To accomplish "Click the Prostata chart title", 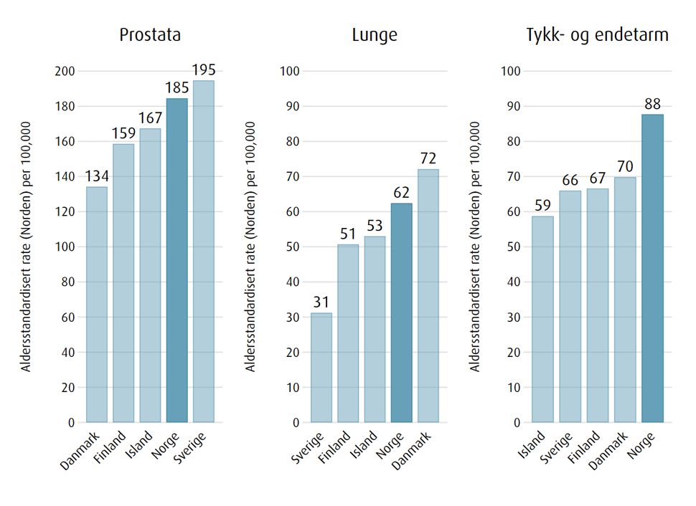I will (150, 35).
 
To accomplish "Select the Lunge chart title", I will (374, 35).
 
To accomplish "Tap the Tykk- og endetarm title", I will (597, 35).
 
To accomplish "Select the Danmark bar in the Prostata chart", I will (96, 305).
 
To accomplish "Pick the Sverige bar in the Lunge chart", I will (321, 368).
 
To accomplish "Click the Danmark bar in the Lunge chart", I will (428, 295).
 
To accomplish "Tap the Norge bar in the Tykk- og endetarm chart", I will (652, 268).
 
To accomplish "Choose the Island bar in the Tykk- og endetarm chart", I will (543, 319).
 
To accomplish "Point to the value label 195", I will (203, 70).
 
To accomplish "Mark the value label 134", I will (96, 176).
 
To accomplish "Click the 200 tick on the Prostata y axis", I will (65, 71).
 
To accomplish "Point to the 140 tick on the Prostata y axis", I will (65, 176).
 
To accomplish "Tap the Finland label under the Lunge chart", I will (334, 447).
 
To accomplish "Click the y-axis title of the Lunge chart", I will (251, 246).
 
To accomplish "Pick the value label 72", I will (428, 158).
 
